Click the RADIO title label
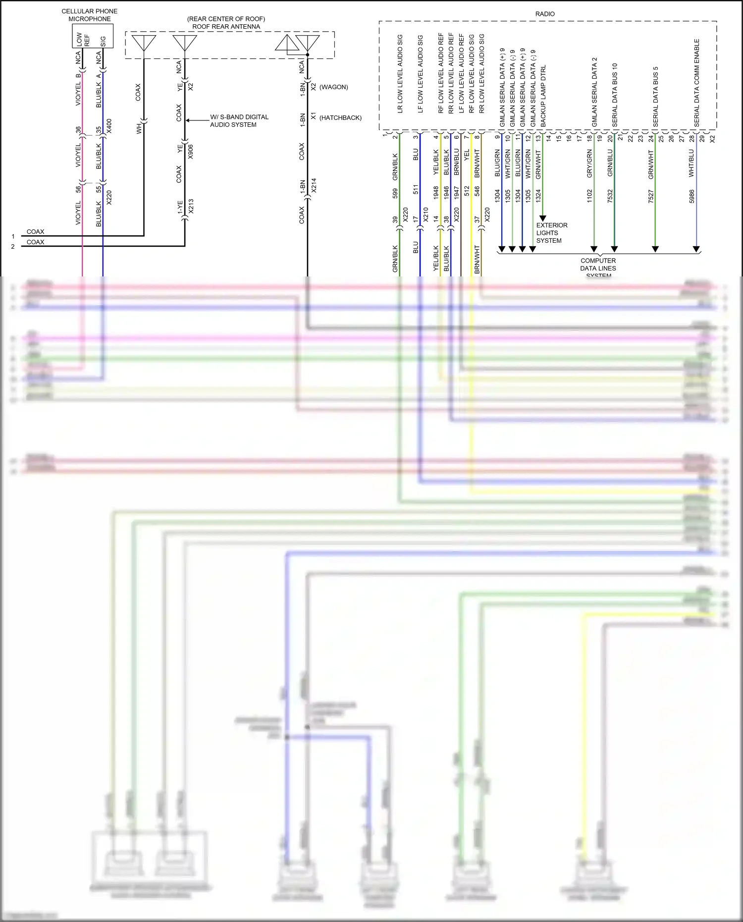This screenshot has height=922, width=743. [x=545, y=14]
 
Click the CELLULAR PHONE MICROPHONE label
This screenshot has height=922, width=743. [x=90, y=15]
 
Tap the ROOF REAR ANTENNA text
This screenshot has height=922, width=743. [x=226, y=26]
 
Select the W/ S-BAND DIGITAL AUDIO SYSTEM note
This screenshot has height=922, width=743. [x=239, y=121]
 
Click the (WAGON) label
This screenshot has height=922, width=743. [x=333, y=87]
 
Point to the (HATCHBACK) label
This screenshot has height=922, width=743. [x=340, y=118]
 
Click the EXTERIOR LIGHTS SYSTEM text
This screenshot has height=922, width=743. [x=551, y=233]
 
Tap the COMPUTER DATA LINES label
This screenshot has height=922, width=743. [x=598, y=265]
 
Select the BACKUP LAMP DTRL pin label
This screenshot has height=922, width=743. [x=543, y=94]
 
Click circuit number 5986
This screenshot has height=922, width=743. [x=692, y=196]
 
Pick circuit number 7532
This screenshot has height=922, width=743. [x=610, y=196]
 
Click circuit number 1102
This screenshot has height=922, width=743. [x=589, y=196]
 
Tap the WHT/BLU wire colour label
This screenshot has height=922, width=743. [x=691, y=163]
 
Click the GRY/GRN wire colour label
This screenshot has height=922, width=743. [x=589, y=163]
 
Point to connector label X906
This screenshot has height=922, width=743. [x=191, y=152]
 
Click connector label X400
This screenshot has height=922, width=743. [x=109, y=126]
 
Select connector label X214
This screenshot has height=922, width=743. [x=314, y=185]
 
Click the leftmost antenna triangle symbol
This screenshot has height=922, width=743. [x=144, y=42]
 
